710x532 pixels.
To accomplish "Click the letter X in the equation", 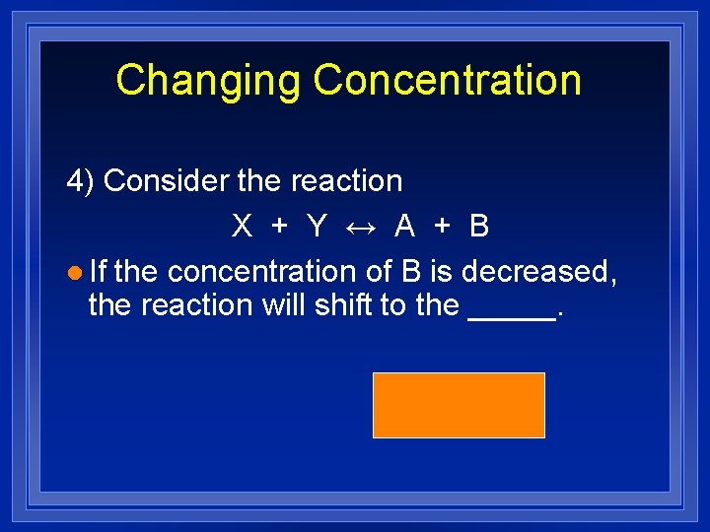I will tap(242, 227).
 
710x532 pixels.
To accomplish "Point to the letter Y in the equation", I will tap(317, 227).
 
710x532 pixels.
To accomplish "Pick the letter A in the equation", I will tap(404, 227).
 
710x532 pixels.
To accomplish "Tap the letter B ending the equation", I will tap(479, 227).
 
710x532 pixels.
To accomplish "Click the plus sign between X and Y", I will tap(280, 227).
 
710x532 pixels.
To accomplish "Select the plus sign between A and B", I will tap(443, 227).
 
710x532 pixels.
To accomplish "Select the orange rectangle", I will tap(459, 405).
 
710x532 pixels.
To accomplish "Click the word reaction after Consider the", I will tap(346, 181).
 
